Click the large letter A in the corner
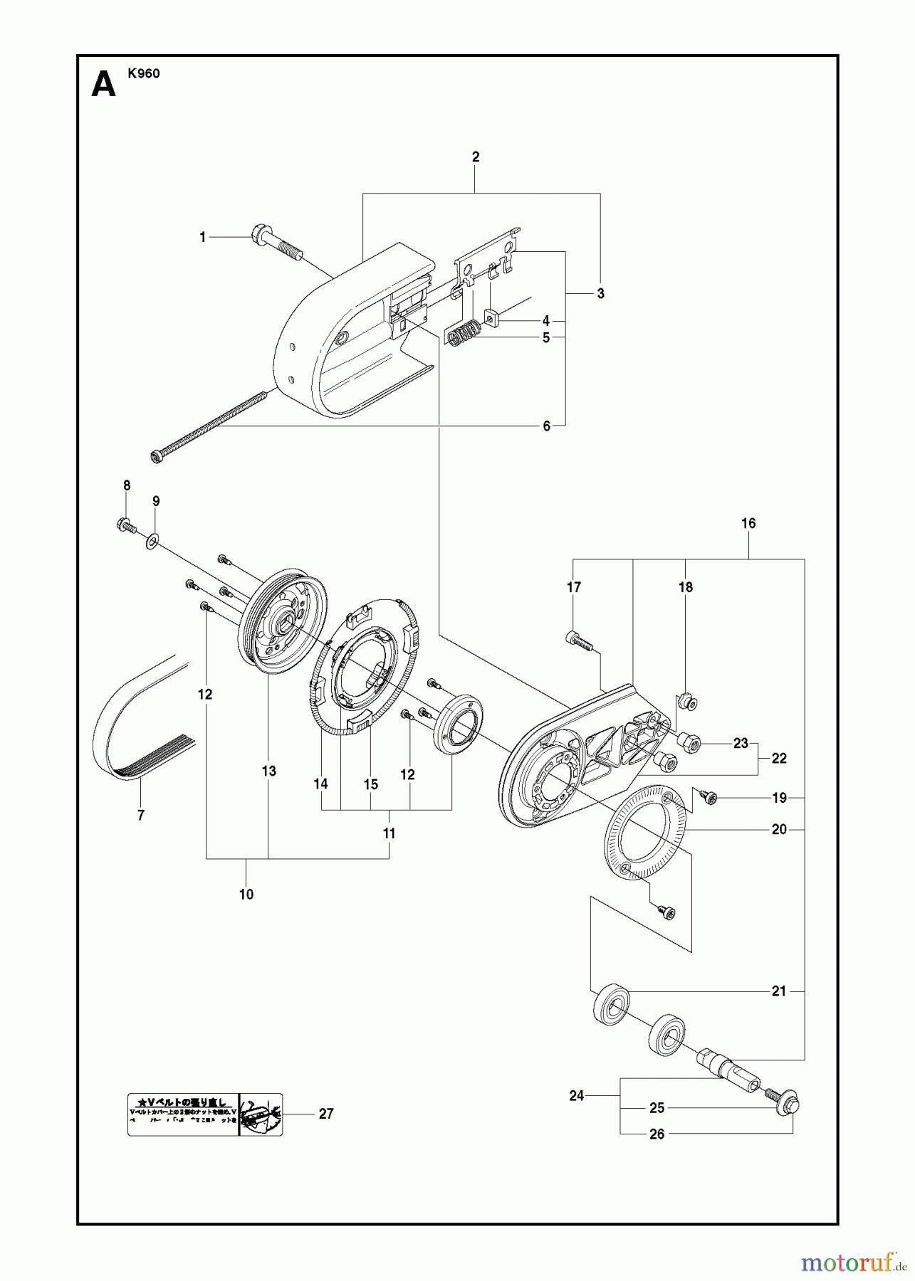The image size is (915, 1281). pyautogui.click(x=104, y=85)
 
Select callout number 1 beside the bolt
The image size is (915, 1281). pyautogui.click(x=202, y=238)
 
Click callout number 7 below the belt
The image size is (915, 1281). pyautogui.click(x=141, y=816)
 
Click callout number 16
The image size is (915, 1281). pyautogui.click(x=748, y=523)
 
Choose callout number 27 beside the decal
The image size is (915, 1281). pyautogui.click(x=326, y=1114)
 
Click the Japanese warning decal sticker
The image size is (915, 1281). pyautogui.click(x=205, y=1114)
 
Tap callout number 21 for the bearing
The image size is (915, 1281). pyautogui.click(x=779, y=991)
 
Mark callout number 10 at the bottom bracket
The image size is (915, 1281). pyautogui.click(x=246, y=895)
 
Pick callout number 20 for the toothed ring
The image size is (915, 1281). pyautogui.click(x=779, y=829)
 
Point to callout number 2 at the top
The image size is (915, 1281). pyautogui.click(x=476, y=157)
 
